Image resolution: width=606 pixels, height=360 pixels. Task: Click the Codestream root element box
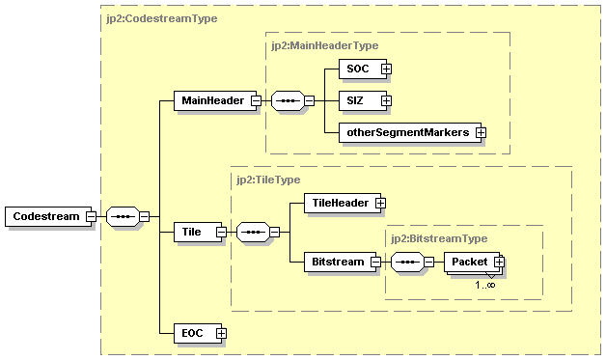click(45, 216)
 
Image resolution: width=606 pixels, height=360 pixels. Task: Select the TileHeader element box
click(338, 203)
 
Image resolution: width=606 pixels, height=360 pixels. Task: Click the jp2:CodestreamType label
click(160, 17)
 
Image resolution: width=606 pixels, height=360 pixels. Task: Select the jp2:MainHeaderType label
click(325, 44)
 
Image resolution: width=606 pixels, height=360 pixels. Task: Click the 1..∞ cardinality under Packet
click(484, 285)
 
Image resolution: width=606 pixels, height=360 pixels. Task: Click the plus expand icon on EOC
click(221, 333)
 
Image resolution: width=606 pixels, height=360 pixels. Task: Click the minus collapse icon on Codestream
click(90, 216)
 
